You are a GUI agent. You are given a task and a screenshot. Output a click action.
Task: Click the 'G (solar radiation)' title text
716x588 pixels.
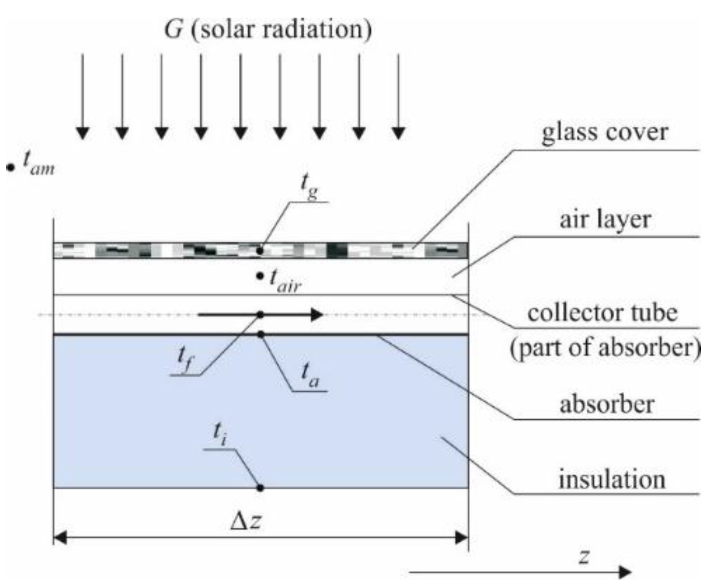click(268, 29)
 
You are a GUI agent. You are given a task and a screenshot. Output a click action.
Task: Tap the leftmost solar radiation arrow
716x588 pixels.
click(83, 96)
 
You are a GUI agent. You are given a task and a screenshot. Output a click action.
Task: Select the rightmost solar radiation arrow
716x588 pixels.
click(398, 96)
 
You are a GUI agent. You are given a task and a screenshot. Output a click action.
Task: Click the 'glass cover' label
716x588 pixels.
click(604, 132)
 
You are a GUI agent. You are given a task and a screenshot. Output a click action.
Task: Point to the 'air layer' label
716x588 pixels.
click(604, 220)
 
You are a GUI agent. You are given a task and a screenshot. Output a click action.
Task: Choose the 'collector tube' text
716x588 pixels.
click(602, 313)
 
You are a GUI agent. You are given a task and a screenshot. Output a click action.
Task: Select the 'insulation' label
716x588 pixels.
click(612, 479)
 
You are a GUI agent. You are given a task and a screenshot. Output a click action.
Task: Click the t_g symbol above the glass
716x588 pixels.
click(309, 186)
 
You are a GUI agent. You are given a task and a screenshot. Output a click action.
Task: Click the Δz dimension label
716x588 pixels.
click(246, 521)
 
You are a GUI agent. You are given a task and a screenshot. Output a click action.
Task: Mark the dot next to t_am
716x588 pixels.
click(10, 168)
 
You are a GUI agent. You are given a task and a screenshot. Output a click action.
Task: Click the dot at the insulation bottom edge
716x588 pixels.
click(261, 488)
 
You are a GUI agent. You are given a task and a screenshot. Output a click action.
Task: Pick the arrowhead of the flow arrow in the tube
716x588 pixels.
click(317, 314)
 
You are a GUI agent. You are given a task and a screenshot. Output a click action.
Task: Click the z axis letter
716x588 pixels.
click(585, 556)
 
